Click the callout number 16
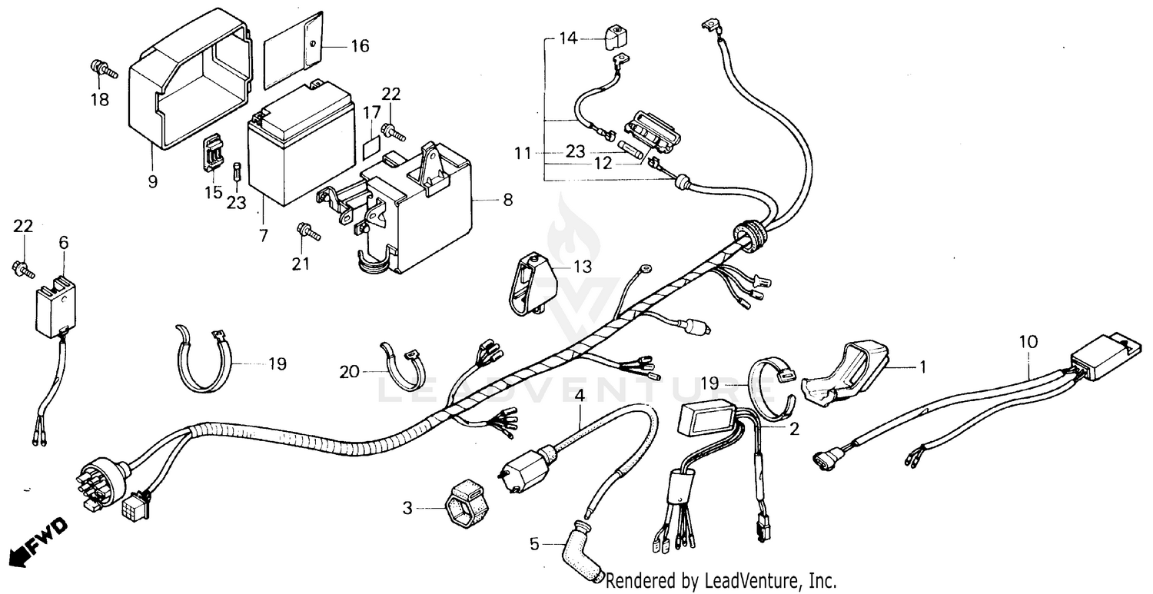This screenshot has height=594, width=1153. click(x=360, y=46)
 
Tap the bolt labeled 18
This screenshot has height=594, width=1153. click(x=102, y=69)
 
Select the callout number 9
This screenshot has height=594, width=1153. click(x=152, y=181)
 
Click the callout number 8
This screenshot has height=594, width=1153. click(x=507, y=200)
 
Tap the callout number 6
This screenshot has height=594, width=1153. click(x=63, y=243)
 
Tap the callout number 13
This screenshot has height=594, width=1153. click(x=583, y=267)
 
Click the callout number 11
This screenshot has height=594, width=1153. click(x=523, y=154)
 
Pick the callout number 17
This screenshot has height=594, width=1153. click(x=372, y=112)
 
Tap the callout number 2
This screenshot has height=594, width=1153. click(x=793, y=429)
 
